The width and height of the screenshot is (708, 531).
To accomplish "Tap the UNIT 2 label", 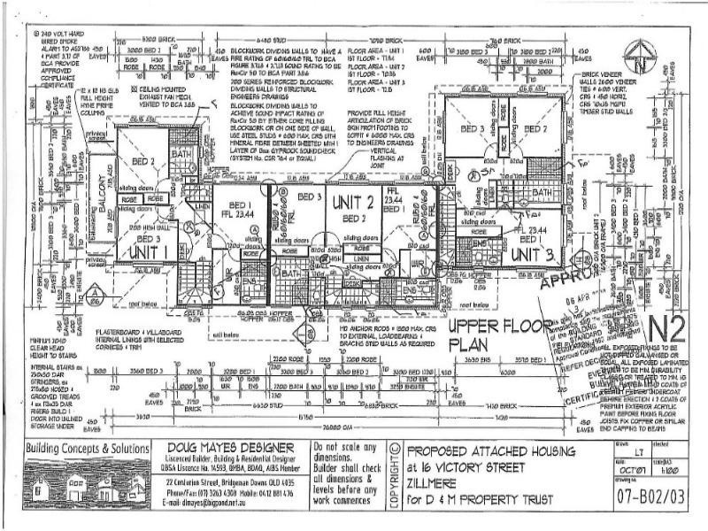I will pos(351,204).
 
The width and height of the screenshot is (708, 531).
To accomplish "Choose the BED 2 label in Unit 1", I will pos(145,161).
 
